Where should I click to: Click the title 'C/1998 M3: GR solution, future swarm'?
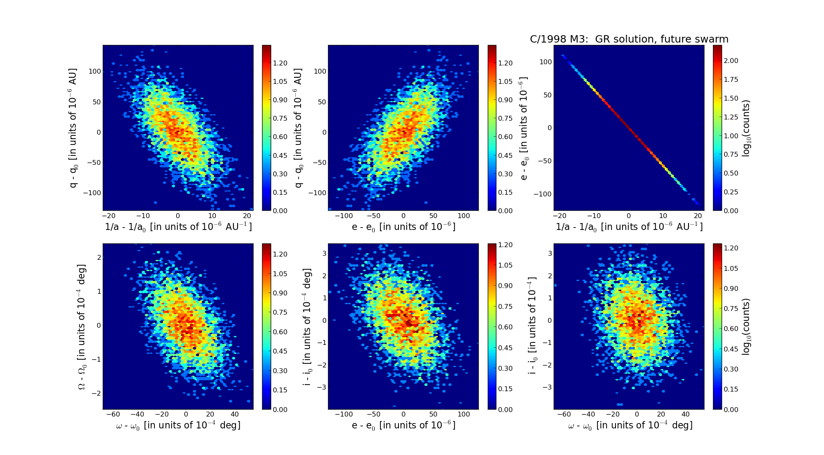629,39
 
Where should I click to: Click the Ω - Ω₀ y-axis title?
82,327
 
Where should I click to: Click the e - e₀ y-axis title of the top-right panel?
523,128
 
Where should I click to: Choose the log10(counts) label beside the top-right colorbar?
746,128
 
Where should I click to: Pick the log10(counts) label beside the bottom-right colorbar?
746,327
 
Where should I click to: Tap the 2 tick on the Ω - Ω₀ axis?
99,257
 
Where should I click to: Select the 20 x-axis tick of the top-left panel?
247,216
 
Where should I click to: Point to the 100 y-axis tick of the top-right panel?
546,62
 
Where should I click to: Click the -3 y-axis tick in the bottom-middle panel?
324,387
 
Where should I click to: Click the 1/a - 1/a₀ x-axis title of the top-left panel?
178,227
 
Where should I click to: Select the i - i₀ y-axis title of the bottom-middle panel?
307,327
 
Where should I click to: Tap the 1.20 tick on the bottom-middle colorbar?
505,245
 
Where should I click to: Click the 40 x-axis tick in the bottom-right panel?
686,414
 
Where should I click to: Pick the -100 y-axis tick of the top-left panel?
92,193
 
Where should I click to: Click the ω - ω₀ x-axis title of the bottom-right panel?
630,426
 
